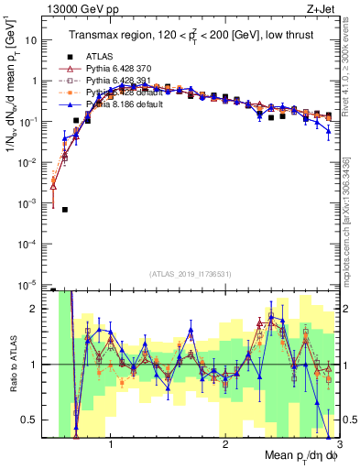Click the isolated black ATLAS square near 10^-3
point(65,210)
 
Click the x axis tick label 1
point(110,445)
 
